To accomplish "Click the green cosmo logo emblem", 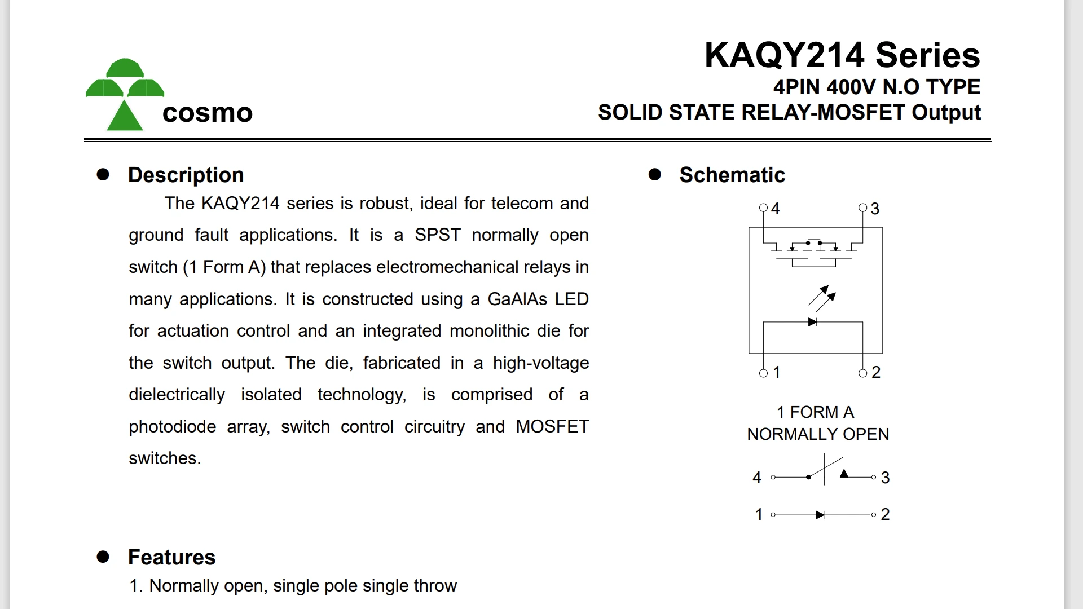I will (x=125, y=95).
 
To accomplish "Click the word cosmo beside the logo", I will (x=207, y=113).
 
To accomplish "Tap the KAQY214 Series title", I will (x=842, y=55).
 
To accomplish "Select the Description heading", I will (x=186, y=175).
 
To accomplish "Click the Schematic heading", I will (x=732, y=175).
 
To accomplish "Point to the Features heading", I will (x=171, y=557).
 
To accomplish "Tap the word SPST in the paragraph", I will (x=437, y=235).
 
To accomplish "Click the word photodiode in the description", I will (x=172, y=426).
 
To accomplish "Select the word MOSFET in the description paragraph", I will (x=552, y=426).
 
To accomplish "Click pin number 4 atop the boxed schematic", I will (x=776, y=209).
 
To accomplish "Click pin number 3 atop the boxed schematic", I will (x=875, y=209).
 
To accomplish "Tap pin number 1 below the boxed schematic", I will (x=777, y=372).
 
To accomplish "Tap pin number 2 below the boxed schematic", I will (x=876, y=372).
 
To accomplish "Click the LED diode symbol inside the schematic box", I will (x=812, y=322).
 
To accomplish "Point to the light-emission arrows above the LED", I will (x=822, y=298).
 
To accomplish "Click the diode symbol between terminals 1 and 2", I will (x=820, y=515).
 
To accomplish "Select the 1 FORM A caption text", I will (x=815, y=412).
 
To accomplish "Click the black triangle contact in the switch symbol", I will (x=844, y=474).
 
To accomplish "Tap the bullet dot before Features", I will (x=103, y=557).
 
